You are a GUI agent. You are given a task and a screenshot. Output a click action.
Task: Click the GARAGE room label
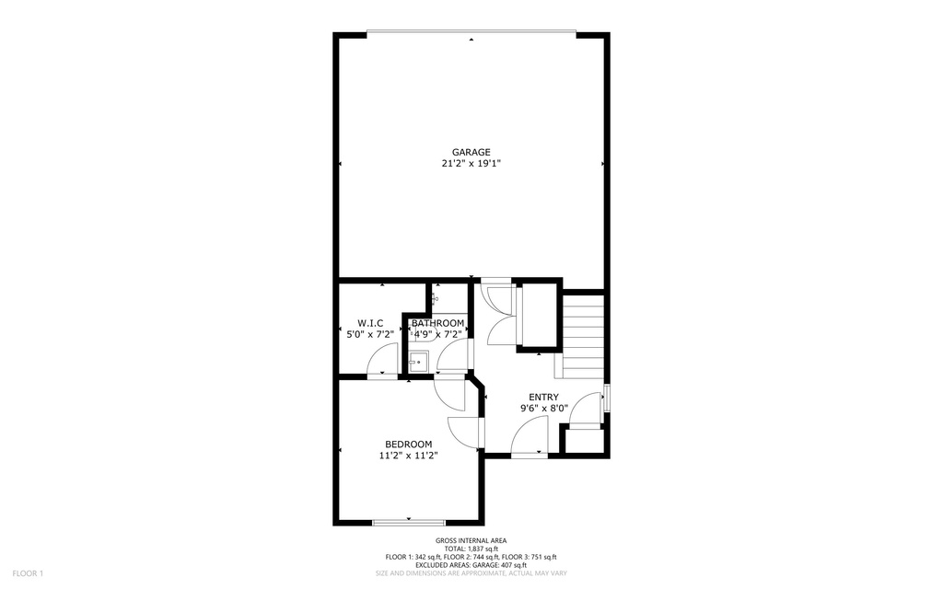point(471,152)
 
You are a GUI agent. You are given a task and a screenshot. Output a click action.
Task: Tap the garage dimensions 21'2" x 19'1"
point(471,164)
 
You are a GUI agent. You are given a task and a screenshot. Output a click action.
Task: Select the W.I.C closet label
point(370,323)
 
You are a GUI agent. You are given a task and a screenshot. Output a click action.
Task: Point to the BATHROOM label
point(437,323)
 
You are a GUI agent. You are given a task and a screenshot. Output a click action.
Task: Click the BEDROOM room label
point(408,444)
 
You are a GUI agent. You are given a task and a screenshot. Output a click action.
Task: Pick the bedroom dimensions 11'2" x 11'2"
point(408,455)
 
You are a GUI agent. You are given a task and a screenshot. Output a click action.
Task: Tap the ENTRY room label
point(543,397)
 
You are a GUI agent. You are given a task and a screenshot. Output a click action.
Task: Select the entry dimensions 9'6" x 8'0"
point(543,408)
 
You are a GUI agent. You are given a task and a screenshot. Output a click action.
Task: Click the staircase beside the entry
point(582,336)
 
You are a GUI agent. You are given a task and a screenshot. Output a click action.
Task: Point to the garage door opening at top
point(471,35)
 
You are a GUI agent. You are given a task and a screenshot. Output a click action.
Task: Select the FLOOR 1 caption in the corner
point(28,574)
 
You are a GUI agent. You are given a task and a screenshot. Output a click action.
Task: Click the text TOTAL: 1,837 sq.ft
point(471,549)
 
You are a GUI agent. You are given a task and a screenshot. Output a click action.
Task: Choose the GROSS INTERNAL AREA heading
point(471,540)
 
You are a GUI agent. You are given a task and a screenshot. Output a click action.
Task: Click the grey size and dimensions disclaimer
point(471,573)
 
